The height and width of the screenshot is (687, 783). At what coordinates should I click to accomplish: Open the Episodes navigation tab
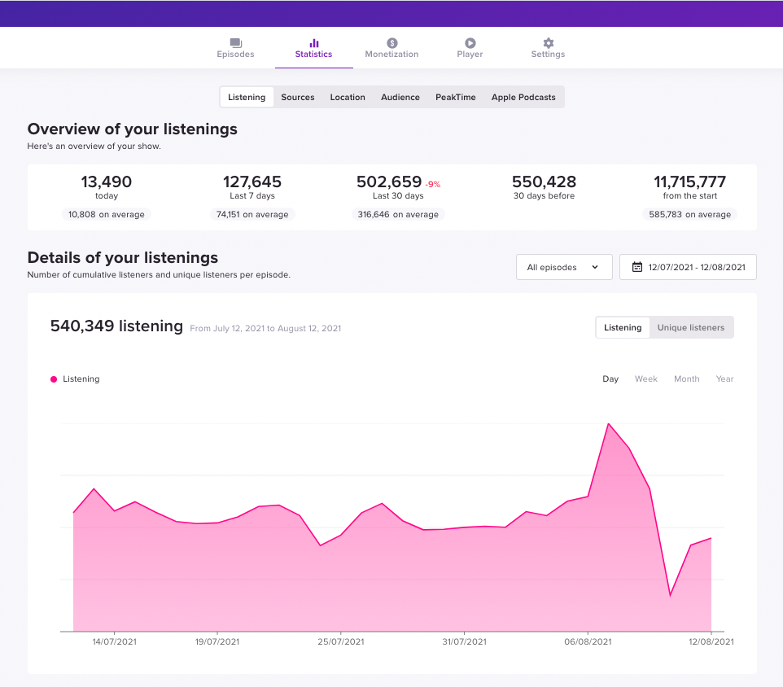tap(235, 48)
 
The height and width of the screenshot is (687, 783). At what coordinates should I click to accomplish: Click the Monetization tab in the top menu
tap(391, 48)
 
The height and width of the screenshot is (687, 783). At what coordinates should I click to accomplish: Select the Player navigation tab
tap(470, 48)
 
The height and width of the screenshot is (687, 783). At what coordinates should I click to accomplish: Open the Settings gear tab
tap(548, 48)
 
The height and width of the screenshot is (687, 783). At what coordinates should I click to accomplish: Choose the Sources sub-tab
tap(298, 97)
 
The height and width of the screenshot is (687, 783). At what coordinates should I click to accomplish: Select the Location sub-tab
tap(348, 97)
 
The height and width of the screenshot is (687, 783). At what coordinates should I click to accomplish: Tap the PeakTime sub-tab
tap(455, 97)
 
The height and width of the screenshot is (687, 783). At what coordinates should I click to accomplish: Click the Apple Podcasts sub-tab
tap(523, 97)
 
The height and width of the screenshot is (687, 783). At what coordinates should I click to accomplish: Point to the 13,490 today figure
tap(107, 182)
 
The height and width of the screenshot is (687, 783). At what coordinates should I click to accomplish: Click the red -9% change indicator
tap(432, 185)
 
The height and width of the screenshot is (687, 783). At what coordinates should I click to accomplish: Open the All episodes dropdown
tap(564, 267)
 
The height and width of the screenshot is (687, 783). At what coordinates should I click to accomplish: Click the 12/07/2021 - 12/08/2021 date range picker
tap(688, 267)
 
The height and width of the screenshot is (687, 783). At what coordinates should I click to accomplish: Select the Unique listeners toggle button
tap(691, 327)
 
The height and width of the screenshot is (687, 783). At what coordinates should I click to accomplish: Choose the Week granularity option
tap(646, 379)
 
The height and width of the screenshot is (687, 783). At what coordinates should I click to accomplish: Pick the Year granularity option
tap(724, 379)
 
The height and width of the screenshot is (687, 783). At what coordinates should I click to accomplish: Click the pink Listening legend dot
tap(54, 379)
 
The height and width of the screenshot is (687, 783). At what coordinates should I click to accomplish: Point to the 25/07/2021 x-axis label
tap(341, 642)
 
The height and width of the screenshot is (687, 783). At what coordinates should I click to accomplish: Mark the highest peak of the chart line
tap(608, 423)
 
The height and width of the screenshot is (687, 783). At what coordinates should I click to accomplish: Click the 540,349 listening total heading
tap(116, 326)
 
